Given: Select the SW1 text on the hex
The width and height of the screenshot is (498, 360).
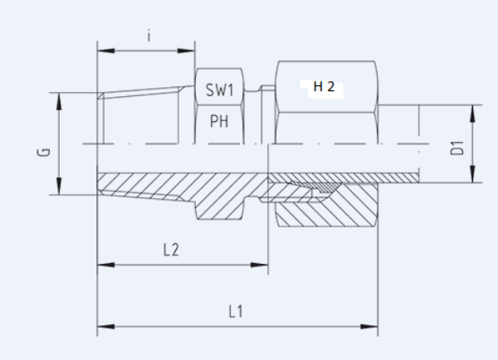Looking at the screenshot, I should coord(220,89).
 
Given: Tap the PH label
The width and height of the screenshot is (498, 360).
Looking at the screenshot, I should coord(219,122).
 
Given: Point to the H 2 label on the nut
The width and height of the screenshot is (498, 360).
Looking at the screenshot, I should coord(324,87).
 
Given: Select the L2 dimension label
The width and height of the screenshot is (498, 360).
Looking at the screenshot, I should coord(170,250).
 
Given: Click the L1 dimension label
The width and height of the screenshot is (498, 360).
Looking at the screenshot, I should coord(236,311).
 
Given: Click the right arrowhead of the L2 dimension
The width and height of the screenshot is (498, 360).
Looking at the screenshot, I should coord(264,265).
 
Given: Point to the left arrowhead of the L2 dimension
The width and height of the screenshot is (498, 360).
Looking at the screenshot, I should coord(102,265).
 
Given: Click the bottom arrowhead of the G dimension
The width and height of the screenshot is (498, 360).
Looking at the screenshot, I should coord(60,191).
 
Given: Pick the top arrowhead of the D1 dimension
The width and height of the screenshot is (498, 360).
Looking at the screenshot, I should coord(471,109).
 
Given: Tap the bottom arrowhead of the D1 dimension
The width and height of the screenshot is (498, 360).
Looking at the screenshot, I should coord(471,178).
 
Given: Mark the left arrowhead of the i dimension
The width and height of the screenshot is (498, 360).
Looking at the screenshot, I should coord(102,51).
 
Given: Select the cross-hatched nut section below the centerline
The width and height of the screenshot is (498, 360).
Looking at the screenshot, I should coord(332,207).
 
